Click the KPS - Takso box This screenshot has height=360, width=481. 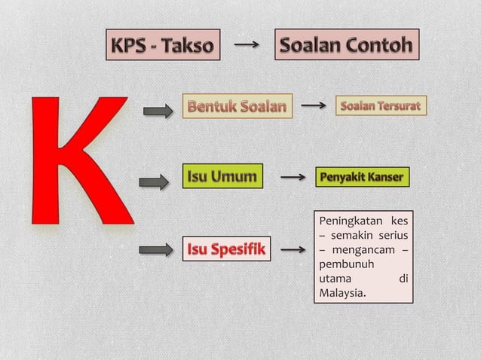(x=162, y=46)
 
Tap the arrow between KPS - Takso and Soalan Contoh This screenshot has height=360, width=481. (x=247, y=45)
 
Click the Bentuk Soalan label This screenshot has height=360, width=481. (x=237, y=106)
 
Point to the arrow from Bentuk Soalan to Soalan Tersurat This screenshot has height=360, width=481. (x=314, y=106)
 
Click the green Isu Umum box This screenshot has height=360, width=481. (x=222, y=177)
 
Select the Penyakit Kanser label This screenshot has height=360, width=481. (x=362, y=178)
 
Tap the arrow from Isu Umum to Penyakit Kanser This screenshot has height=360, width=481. (x=293, y=178)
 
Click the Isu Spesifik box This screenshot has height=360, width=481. (x=225, y=249)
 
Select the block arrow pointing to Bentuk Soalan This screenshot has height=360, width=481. (x=158, y=111)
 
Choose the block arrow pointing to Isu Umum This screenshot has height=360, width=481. (x=155, y=182)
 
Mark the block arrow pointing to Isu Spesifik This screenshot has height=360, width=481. (x=156, y=249)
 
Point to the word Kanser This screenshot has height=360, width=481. (x=386, y=178)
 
